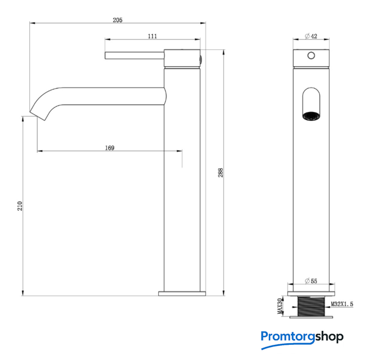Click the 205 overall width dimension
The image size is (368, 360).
(118, 20)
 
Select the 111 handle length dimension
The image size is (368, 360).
(152, 36)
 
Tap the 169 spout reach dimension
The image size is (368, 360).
(110, 148)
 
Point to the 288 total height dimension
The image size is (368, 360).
(221, 173)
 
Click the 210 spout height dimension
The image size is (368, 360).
(20, 206)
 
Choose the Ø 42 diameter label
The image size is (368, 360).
(311, 36)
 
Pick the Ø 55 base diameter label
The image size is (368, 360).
(311, 281)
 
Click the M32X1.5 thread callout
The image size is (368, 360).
(342, 304)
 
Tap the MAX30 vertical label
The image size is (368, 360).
(280, 306)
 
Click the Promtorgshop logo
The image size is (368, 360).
(302, 339)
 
